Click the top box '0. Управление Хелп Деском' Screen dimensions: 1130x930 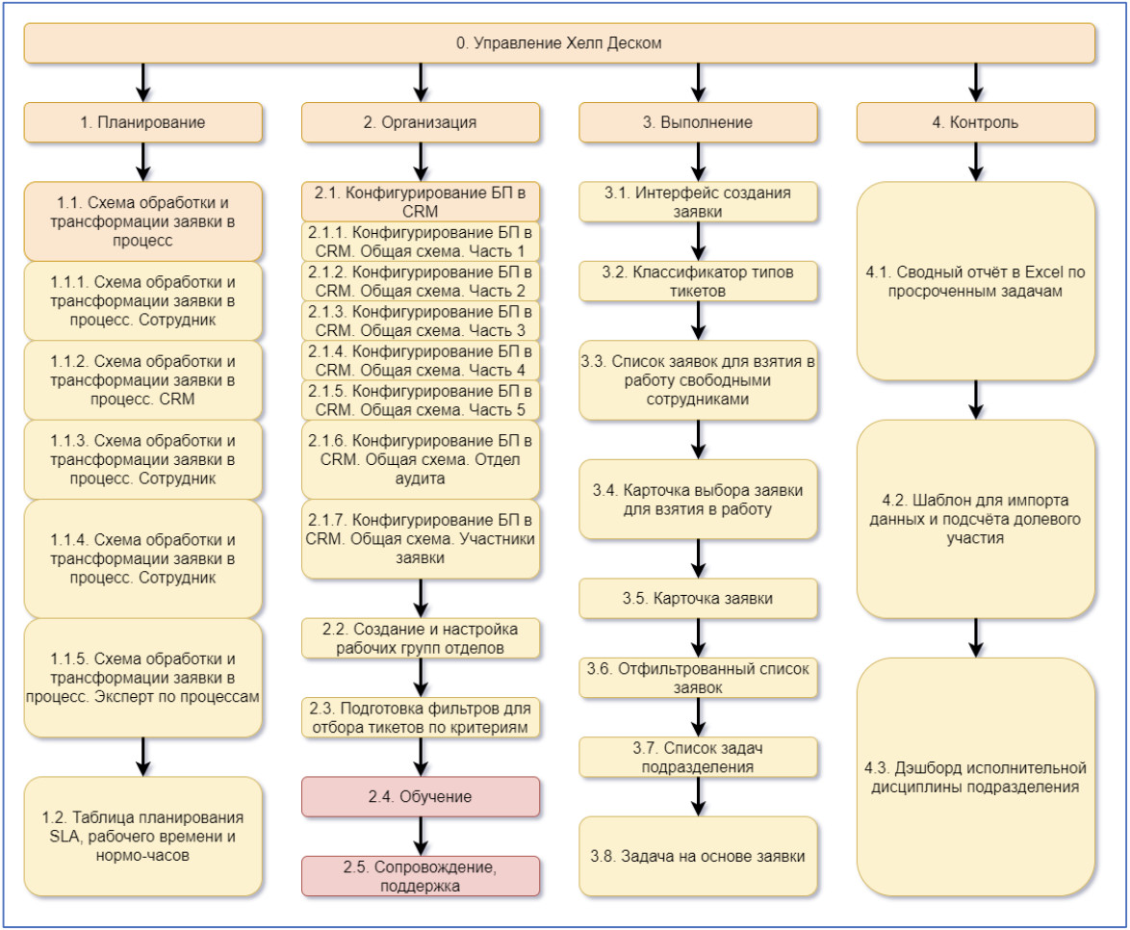point(559,42)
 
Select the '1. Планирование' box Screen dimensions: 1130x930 point(142,122)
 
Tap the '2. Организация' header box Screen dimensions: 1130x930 point(421,122)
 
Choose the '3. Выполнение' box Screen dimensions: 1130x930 point(698,122)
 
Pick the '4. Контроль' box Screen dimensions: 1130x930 point(976,122)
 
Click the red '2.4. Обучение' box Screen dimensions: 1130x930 point(421,796)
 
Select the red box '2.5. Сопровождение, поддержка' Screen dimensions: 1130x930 point(421,876)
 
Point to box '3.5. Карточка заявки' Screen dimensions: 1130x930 point(698,599)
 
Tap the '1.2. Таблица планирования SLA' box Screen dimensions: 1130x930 point(142,837)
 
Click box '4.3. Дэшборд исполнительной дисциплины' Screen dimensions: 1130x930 point(976,777)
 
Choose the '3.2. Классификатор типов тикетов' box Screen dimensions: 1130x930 point(698,281)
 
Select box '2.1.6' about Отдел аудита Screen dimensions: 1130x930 point(421,459)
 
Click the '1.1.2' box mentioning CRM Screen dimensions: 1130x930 point(142,380)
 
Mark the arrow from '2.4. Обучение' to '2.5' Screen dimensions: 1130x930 point(421,837)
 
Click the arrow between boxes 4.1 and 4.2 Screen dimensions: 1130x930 point(976,400)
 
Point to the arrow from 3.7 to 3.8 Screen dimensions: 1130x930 point(699,796)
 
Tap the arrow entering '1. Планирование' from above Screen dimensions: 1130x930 point(143,82)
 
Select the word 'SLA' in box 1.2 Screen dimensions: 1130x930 point(64,837)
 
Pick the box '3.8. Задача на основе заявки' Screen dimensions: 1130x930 point(698,857)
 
